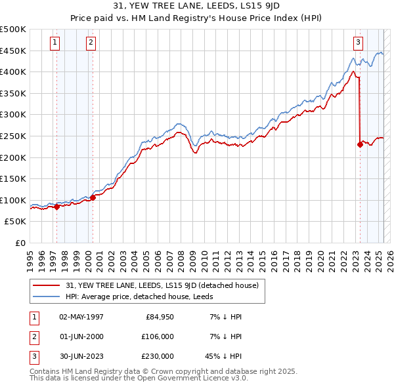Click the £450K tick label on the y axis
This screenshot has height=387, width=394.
[x=13, y=51]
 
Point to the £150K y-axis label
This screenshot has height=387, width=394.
[x=13, y=178]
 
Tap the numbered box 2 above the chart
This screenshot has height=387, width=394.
[x=90, y=43]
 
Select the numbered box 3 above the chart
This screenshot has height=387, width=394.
[x=358, y=43]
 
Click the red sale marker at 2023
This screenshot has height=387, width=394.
[x=360, y=145]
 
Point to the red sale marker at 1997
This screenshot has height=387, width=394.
[x=56, y=207]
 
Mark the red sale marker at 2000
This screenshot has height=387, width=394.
[x=93, y=197]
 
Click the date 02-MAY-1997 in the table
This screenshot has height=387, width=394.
[x=81, y=317]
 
